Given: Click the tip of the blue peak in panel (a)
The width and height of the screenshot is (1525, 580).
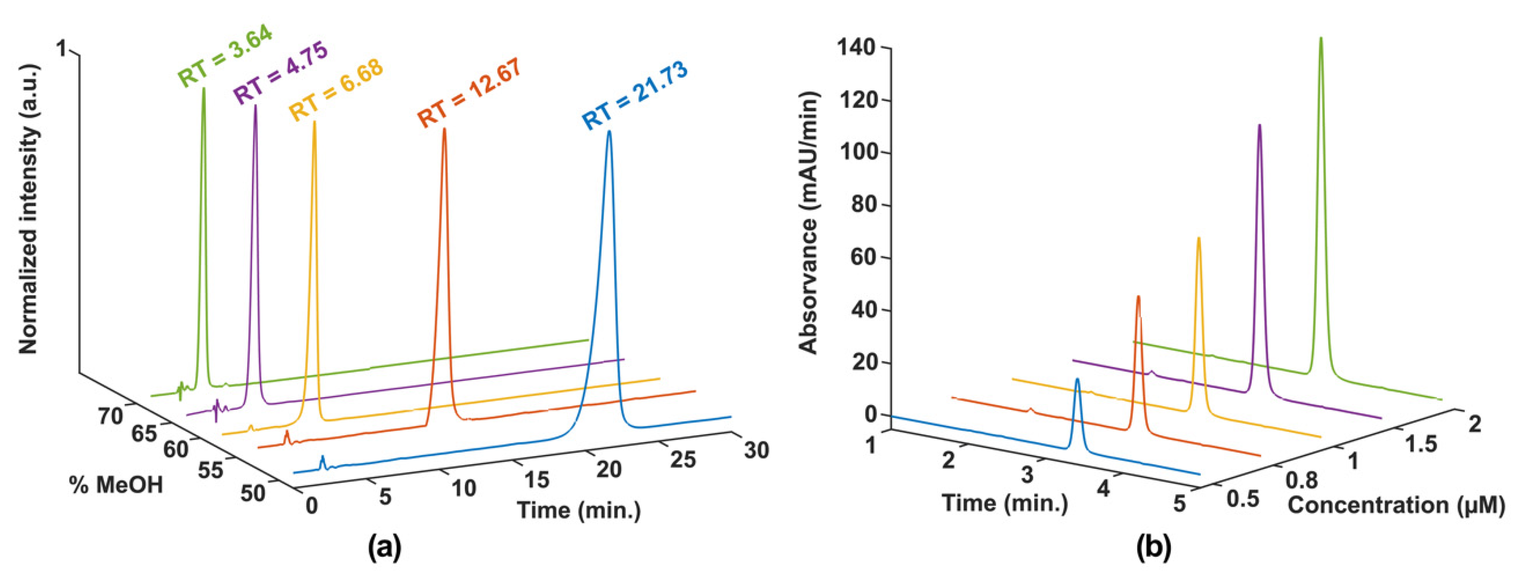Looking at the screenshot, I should [x=609, y=132].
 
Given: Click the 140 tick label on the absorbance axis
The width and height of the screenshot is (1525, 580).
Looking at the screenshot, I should [x=856, y=48].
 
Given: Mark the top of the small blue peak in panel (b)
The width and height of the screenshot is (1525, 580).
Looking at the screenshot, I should [x=1077, y=379].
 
